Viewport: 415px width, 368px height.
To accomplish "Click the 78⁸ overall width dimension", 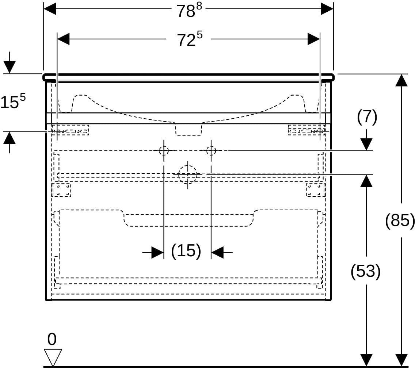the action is click(189, 11).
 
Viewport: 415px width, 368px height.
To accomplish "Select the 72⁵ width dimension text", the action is click(190, 39).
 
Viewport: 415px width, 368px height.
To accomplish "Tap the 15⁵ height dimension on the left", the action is click(13, 101).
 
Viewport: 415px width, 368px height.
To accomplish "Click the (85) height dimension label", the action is click(400, 220).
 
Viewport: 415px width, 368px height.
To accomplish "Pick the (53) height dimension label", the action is click(366, 271).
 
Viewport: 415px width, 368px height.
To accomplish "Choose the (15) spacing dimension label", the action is click(186, 251).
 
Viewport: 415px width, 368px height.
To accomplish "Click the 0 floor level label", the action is click(52, 339).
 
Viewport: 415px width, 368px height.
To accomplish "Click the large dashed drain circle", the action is click(188, 175).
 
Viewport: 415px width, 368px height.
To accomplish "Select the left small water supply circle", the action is click(164, 151).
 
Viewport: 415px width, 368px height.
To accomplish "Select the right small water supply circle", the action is click(211, 151).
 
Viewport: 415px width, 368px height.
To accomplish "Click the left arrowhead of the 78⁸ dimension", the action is click(50, 9).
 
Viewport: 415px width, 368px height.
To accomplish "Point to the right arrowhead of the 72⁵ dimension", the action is click(314, 39).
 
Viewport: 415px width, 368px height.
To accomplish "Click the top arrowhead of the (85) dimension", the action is click(401, 80).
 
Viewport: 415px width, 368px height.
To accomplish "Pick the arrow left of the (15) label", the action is click(153, 252).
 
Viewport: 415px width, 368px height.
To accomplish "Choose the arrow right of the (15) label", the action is click(222, 252).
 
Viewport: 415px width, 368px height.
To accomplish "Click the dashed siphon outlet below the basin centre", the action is click(189, 129).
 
